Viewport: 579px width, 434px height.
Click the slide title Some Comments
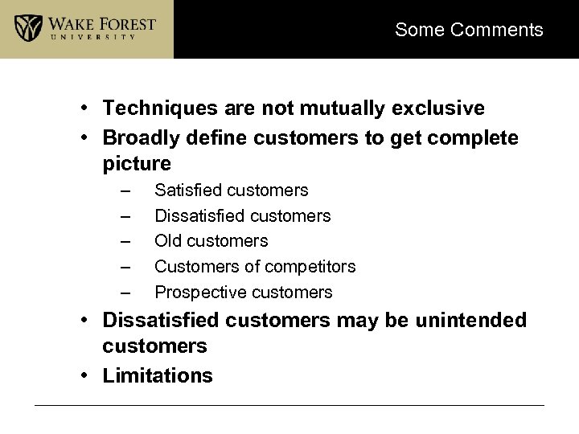pyautogui.click(x=469, y=31)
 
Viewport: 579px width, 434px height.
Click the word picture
pyautogui.click(x=137, y=164)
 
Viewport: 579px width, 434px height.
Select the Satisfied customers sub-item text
pyautogui.click(x=231, y=190)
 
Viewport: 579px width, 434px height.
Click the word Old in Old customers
pyautogui.click(x=167, y=241)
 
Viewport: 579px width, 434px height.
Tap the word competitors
pyautogui.click(x=312, y=267)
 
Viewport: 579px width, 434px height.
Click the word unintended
pyautogui.click(x=470, y=321)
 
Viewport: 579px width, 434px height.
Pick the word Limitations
pyautogui.click(x=158, y=376)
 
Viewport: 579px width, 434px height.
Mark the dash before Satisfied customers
pyautogui.click(x=124, y=191)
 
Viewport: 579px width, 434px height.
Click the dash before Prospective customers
pyautogui.click(x=124, y=293)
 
